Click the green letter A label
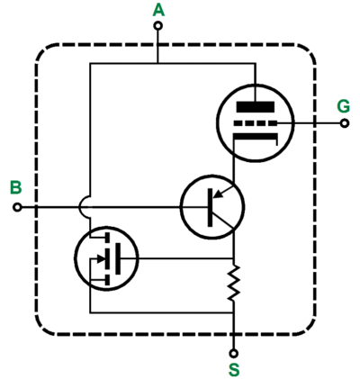(x=158, y=11)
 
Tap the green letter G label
(x=344, y=106)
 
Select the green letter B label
(x=16, y=187)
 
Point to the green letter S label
(x=234, y=370)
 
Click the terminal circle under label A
(x=158, y=26)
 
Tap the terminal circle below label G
(x=345, y=123)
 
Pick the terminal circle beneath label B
(x=17, y=207)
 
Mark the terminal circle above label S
(x=234, y=353)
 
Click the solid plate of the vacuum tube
(x=256, y=107)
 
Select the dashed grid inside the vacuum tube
(x=256, y=123)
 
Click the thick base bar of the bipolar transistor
(x=211, y=207)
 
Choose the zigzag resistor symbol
(x=234, y=283)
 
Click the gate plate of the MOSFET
(x=118, y=258)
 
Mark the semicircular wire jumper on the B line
(x=82, y=207)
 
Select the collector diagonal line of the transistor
(x=223, y=221)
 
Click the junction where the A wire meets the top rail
(x=158, y=63)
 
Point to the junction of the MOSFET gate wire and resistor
(x=234, y=258)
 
